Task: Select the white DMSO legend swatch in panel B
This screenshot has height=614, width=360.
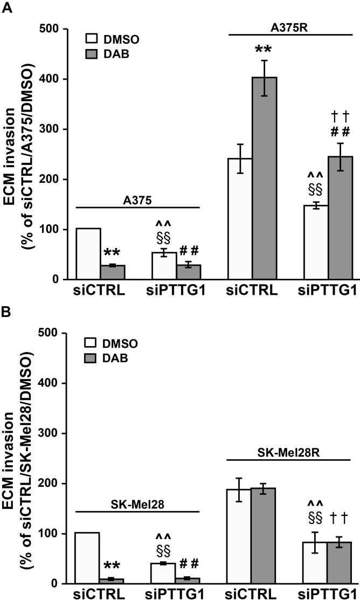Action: coord(93,343)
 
